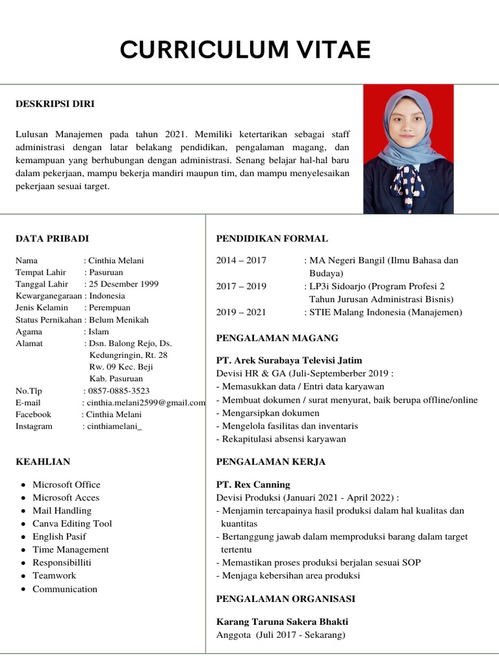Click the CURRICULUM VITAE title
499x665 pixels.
246,50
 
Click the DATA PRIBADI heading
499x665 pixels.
52,238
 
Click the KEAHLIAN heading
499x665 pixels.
43,462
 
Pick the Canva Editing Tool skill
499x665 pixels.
72,523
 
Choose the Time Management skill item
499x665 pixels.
71,549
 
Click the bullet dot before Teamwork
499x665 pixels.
23,576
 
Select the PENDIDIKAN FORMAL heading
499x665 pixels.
272,238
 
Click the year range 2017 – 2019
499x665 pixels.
241,286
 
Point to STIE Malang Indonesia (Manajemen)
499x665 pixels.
386,312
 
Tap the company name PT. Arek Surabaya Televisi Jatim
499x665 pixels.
289,360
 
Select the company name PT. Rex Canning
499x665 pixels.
253,484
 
